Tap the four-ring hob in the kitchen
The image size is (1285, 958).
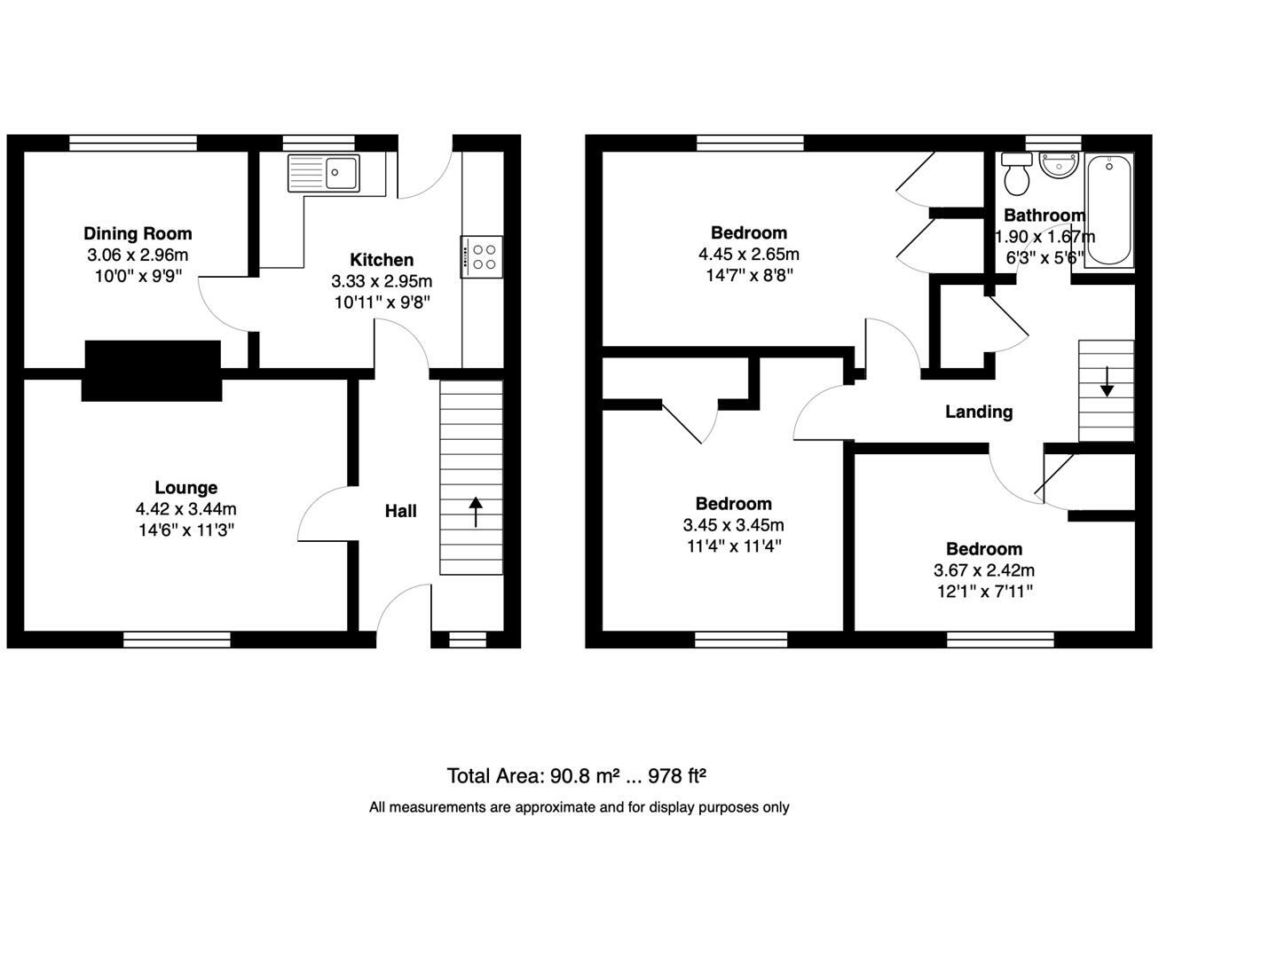pyautogui.click(x=482, y=256)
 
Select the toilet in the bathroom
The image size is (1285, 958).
pyautogui.click(x=1017, y=176)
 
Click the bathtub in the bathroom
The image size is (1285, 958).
pyautogui.click(x=1109, y=210)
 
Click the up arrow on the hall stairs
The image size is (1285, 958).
pyautogui.click(x=476, y=512)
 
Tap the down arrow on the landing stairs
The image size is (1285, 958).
pyautogui.click(x=1108, y=382)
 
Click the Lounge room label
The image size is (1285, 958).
pyautogui.click(x=185, y=488)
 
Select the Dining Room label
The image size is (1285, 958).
pyautogui.click(x=138, y=233)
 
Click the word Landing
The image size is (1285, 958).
pyautogui.click(x=978, y=412)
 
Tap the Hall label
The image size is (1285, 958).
pyautogui.click(x=400, y=511)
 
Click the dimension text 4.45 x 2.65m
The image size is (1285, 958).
pyautogui.click(x=748, y=255)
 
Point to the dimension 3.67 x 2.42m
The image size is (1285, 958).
pyautogui.click(x=983, y=570)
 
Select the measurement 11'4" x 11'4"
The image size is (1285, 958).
pyautogui.click(x=733, y=546)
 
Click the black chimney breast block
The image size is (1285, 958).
pyautogui.click(x=152, y=370)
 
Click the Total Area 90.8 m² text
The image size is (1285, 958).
pyautogui.click(x=576, y=776)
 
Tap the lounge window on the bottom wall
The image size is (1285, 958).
pyautogui.click(x=177, y=639)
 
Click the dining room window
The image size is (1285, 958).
pyautogui.click(x=133, y=143)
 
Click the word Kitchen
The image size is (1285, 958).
pyautogui.click(x=382, y=260)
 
